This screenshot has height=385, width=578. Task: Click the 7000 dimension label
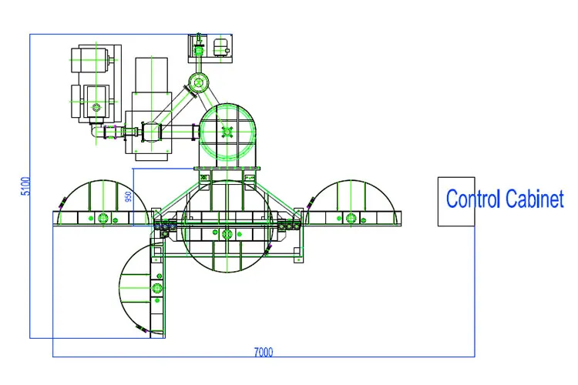(263, 353)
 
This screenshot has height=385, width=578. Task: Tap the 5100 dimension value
(25, 186)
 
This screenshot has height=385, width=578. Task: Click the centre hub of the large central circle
(225, 233)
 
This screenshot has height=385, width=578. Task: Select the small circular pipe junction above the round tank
(198, 82)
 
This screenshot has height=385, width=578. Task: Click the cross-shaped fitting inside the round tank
(227, 132)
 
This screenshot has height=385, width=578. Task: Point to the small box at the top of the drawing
(209, 48)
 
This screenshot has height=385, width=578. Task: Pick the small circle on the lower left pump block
(96, 101)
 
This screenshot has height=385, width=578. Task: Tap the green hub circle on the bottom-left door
(156, 287)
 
